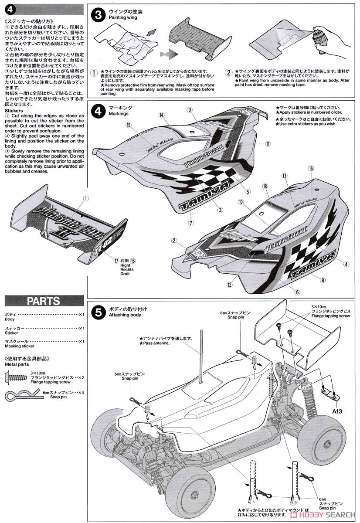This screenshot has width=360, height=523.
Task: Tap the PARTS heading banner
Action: [x=43, y=301]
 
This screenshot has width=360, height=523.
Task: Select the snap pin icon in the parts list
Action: [x=16, y=395]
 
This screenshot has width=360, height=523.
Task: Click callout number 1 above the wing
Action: [x=86, y=198]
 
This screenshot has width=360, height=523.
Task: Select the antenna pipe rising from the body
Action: [x=202, y=357]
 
